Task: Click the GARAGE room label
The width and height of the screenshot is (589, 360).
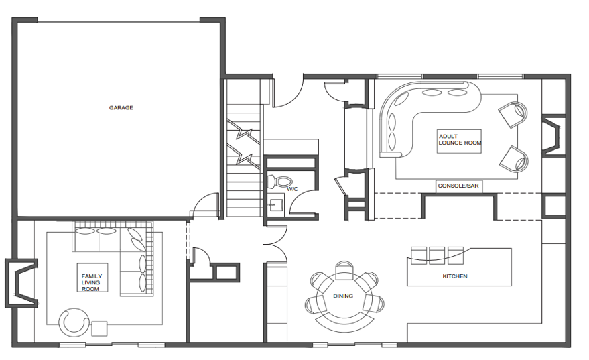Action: click(x=121, y=107)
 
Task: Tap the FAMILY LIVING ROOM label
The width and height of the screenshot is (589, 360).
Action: click(x=92, y=282)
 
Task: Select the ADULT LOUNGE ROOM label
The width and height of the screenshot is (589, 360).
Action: click(x=460, y=140)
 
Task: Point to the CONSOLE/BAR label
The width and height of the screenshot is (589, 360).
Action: click(x=458, y=186)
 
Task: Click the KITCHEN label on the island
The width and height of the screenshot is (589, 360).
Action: click(x=455, y=276)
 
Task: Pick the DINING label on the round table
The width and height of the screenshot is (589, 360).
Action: click(x=343, y=296)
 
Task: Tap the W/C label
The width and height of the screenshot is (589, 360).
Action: click(x=292, y=189)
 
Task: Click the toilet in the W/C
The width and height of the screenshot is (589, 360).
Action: click(x=279, y=182)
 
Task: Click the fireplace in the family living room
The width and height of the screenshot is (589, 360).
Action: click(x=21, y=284)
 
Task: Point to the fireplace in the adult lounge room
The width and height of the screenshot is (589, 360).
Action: click(x=553, y=135)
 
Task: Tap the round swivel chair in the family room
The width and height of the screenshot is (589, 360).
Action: click(x=74, y=322)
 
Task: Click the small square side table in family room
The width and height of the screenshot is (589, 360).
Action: click(x=100, y=328)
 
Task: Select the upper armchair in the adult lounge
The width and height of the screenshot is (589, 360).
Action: click(x=513, y=114)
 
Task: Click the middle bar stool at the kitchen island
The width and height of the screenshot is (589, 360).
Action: click(x=437, y=255)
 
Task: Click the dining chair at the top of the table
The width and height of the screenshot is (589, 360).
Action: click(x=344, y=270)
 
